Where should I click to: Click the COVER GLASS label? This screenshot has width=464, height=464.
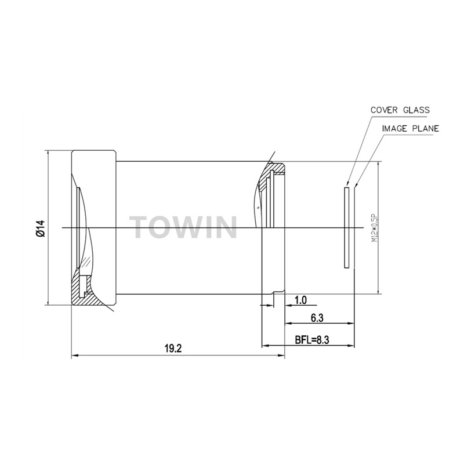click(400, 110)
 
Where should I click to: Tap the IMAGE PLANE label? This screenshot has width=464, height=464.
click(411, 129)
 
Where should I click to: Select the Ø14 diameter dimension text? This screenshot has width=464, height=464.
click(40, 228)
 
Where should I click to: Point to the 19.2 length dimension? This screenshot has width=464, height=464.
click(173, 349)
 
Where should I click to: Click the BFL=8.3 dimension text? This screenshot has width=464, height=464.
click(312, 340)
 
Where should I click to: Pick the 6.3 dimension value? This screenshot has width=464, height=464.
click(317, 318)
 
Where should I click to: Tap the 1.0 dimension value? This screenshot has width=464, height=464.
click(300, 300)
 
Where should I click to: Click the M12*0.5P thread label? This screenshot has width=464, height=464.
click(375, 228)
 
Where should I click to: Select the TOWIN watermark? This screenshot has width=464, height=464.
click(183, 227)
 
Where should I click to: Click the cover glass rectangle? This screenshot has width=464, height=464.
click(347, 227)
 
